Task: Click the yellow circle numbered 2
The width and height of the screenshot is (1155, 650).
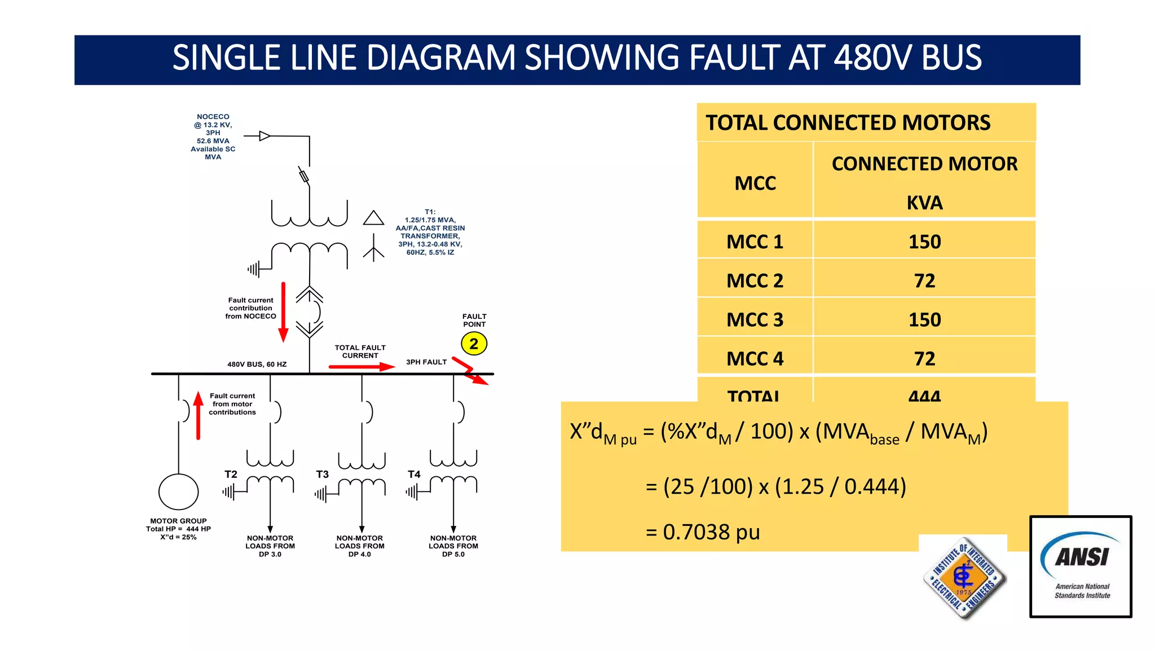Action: (x=474, y=344)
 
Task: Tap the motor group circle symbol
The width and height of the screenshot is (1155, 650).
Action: (x=179, y=492)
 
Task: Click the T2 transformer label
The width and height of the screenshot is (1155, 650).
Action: (x=231, y=475)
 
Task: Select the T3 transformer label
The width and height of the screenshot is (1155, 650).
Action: (x=322, y=475)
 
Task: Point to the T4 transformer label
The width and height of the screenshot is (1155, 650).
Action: (x=414, y=475)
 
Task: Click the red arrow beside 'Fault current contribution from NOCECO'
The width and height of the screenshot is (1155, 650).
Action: (x=283, y=312)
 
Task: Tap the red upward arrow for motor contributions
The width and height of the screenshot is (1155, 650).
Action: (x=198, y=415)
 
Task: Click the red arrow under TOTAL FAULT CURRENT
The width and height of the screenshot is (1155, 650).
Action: (x=361, y=367)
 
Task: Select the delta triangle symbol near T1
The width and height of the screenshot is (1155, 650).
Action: (x=373, y=218)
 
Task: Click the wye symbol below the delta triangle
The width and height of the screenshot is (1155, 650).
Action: (x=373, y=248)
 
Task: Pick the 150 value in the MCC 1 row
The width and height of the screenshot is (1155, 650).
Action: (x=924, y=241)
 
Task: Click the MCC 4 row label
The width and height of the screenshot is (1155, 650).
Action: (x=755, y=358)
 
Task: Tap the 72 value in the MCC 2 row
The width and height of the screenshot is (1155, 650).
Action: (x=924, y=280)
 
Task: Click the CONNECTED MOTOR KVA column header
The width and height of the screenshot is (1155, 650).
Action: (x=924, y=182)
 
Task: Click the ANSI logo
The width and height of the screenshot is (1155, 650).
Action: (x=1081, y=566)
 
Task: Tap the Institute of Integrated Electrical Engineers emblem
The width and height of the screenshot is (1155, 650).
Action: (x=964, y=577)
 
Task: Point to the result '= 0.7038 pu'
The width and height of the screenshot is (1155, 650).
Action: (x=703, y=532)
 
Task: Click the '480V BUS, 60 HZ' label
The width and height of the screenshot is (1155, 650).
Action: (x=257, y=364)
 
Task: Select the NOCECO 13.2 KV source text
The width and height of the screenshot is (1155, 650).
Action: (x=213, y=137)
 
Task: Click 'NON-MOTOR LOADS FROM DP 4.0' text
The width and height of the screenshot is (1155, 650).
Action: (x=360, y=546)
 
